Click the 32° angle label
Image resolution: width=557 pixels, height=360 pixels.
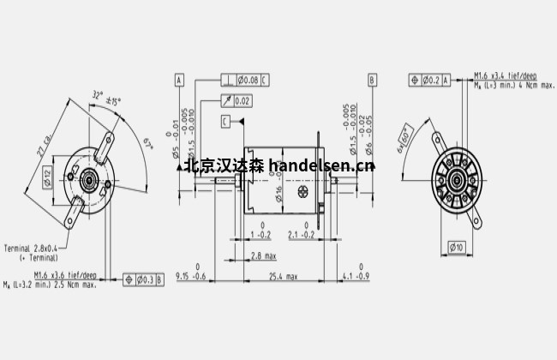[98, 94]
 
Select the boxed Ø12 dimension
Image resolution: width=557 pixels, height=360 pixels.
[49, 176]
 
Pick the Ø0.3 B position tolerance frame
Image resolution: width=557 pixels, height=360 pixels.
[143, 279]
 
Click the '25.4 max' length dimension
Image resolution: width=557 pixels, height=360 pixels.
[283, 277]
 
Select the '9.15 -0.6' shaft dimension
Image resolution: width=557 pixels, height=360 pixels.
[191, 275]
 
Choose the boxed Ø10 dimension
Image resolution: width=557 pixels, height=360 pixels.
[458, 249]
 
